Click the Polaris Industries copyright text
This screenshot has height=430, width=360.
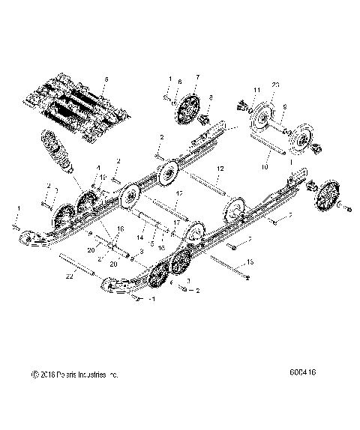[74, 373]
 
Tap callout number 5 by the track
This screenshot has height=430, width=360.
[106, 79]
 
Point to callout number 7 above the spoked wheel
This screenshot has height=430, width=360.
[197, 77]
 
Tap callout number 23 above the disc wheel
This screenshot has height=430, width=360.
[277, 86]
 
